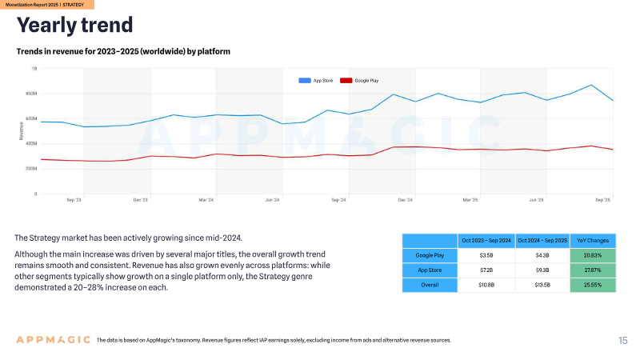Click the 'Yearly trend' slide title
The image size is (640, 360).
tap(74, 26)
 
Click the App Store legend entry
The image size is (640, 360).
tap(315, 81)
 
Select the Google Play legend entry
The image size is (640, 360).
tap(359, 81)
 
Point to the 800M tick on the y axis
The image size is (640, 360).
tap(31, 94)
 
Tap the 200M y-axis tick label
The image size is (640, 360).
tap(31, 168)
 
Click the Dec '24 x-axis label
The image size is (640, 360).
tap(405, 200)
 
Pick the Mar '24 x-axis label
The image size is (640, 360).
tap(206, 200)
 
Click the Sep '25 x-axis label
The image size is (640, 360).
tap(602, 200)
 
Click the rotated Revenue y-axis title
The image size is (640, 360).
tap(22, 131)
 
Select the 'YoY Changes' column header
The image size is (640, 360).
tap(593, 241)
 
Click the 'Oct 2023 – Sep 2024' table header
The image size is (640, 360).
tap(486, 241)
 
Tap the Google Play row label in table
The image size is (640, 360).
tap(430, 255)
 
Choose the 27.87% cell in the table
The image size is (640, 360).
tap(593, 270)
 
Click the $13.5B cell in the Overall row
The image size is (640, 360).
tap(542, 285)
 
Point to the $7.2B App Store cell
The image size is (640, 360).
tap(486, 270)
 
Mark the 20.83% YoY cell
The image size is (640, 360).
tap(593, 255)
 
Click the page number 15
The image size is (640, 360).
tap(623, 341)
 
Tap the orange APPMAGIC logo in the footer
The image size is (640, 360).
tap(53, 339)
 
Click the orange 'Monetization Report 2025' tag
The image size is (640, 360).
tap(47, 5)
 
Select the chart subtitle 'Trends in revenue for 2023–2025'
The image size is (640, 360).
tap(123, 51)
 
